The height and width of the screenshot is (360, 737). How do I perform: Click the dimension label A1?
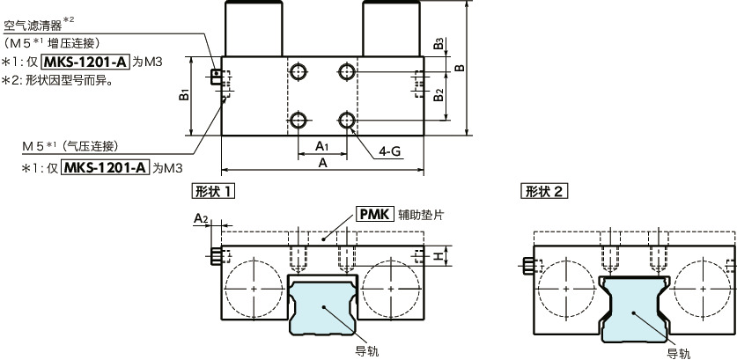pyautogui.click(x=321, y=146)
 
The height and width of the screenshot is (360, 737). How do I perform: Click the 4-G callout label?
pyautogui.click(x=390, y=151)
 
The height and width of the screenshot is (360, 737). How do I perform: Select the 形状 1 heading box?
pyautogui.click(x=212, y=190)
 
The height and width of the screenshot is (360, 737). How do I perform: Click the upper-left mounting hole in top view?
pyautogui.click(x=299, y=70)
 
